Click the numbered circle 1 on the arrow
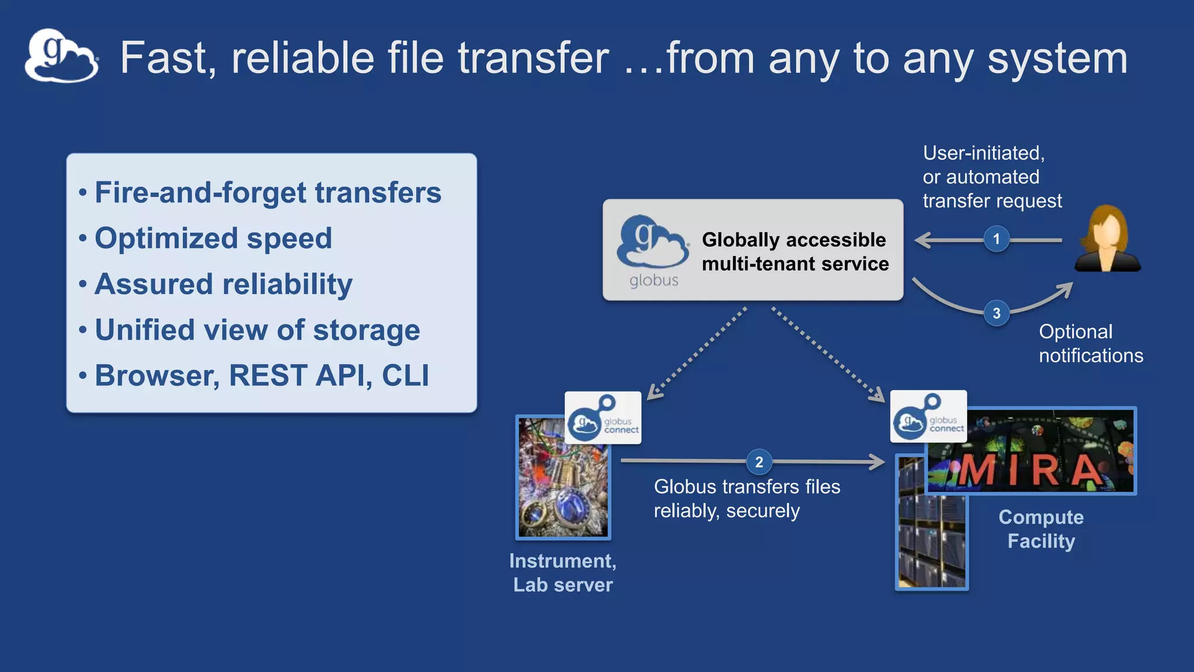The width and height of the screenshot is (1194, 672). tap(996, 239)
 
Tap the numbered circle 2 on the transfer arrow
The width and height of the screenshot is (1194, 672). tap(759, 462)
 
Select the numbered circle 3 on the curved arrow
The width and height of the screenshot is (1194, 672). tap(996, 313)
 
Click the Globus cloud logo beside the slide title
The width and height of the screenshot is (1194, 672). tap(61, 56)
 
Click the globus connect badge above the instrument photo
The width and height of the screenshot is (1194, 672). tap(603, 418)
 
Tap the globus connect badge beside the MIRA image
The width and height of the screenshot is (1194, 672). tap(928, 416)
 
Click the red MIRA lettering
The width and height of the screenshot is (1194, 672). tap(1029, 470)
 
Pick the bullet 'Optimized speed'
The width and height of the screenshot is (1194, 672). tap(213, 238)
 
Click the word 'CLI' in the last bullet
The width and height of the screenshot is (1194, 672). tap(405, 375)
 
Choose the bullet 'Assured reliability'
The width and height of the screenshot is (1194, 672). tap(223, 284)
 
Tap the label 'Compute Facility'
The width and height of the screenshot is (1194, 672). tap(1041, 528)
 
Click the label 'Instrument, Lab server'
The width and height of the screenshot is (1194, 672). tap(563, 572)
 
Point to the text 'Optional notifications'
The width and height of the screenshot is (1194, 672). tap(1090, 343)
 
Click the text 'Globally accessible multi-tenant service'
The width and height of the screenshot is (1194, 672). tap(795, 251)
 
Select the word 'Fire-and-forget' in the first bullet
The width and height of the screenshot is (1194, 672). tap(201, 192)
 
